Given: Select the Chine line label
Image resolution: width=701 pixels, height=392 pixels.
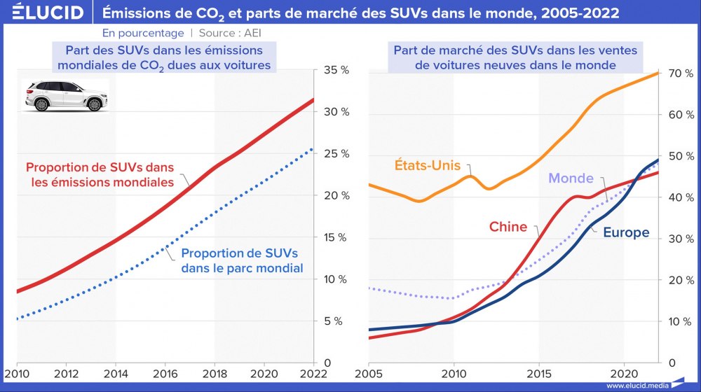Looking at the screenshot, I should (x=508, y=226).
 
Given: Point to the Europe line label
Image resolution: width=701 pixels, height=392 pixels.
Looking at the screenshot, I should (x=626, y=232).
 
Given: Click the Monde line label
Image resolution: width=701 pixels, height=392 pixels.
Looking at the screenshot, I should (x=571, y=178).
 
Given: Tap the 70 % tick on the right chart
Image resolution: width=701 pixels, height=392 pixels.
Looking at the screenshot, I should (x=681, y=73).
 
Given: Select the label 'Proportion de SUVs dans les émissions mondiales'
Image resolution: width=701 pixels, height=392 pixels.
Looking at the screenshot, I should (x=100, y=175).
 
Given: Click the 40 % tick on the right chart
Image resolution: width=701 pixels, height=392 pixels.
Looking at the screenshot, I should (x=681, y=197).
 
